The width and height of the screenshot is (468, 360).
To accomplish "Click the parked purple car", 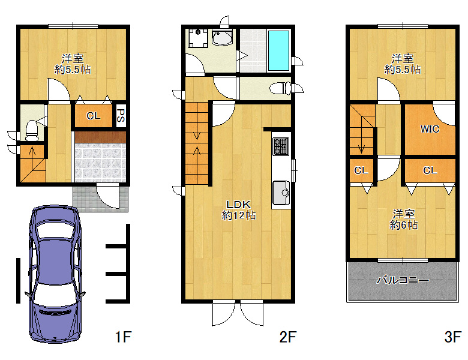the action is (55, 273).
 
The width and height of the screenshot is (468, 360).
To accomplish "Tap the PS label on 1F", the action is (121, 116).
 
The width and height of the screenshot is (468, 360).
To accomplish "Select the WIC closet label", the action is (430, 129).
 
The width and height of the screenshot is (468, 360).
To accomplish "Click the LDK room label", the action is (238, 205).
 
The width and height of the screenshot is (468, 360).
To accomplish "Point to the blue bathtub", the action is (278, 50).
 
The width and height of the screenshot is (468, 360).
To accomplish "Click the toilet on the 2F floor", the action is (280, 88).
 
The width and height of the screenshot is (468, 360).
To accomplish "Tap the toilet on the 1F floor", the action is (32, 130).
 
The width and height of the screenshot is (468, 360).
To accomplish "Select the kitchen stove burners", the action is (281, 146).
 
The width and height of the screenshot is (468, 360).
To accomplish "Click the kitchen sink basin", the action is (281, 193).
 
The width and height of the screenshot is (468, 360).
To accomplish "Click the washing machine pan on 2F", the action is (198, 38).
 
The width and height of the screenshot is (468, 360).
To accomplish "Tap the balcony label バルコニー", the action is (403, 280).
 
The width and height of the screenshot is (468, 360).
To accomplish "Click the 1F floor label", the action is (123, 337).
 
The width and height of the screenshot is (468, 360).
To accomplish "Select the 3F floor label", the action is (452, 337).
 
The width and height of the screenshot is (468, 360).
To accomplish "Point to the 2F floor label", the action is (288, 337).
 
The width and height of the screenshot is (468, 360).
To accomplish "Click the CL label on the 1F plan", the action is (94, 116).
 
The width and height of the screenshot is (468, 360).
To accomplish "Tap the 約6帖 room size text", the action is (404, 225).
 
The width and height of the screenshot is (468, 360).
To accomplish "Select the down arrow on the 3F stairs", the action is (362, 134).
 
